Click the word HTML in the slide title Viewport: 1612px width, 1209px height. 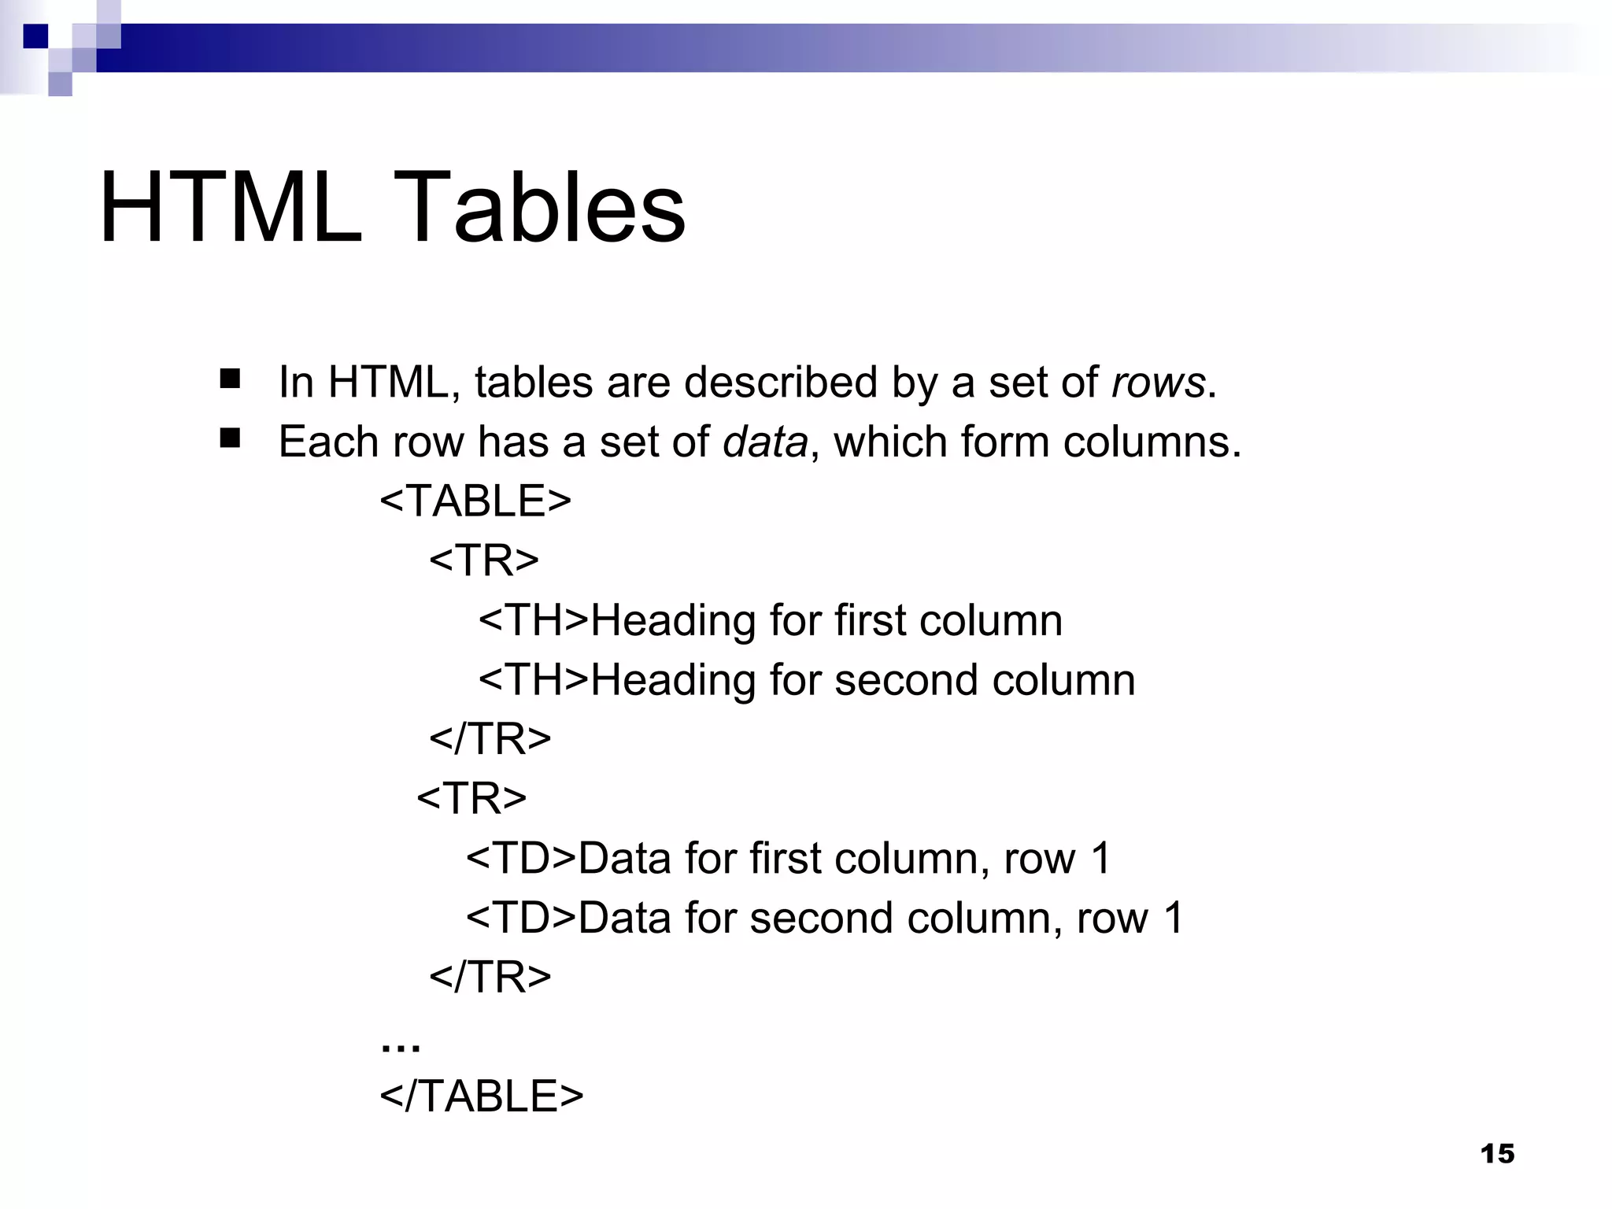pos(231,208)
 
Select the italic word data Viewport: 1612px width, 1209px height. pos(765,442)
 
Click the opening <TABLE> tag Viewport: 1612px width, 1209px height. pos(475,501)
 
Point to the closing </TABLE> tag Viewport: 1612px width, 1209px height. pos(482,1096)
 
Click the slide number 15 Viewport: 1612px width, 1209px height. pos(1497,1154)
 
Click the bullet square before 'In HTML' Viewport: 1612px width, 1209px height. pos(230,379)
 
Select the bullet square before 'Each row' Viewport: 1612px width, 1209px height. pos(230,438)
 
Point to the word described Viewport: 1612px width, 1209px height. pos(780,383)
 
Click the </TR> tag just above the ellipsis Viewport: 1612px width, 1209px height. pos(490,977)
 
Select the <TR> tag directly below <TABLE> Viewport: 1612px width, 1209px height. pos(484,560)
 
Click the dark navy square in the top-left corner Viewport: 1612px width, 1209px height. pos(35,36)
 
